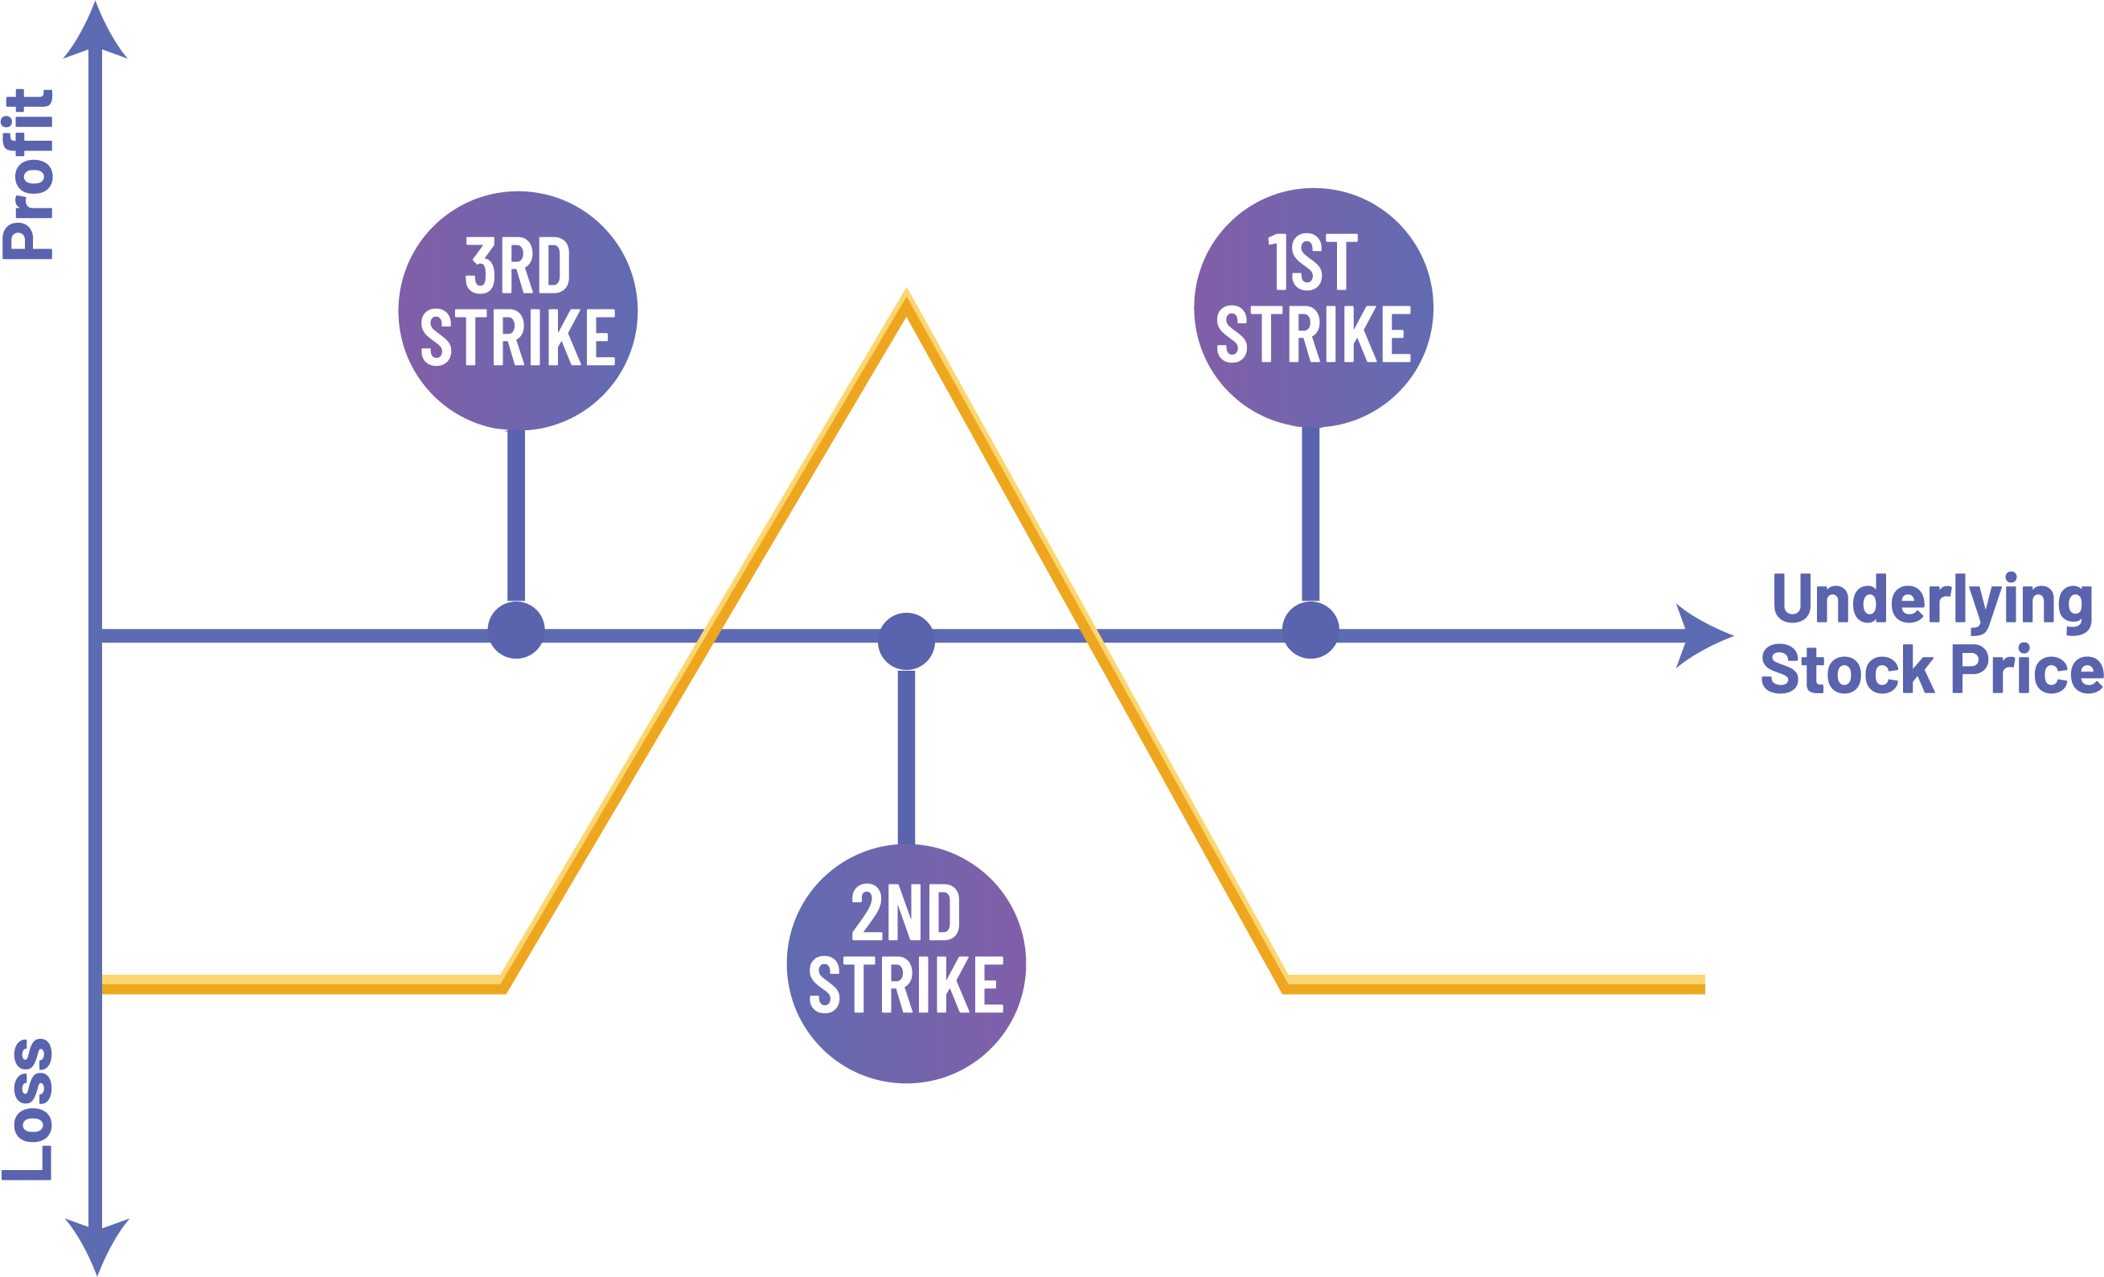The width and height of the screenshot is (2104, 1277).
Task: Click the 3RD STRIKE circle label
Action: coord(518,310)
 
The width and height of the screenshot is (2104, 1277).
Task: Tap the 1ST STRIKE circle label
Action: coord(1314,307)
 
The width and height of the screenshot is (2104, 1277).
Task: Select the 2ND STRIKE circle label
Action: coord(906,963)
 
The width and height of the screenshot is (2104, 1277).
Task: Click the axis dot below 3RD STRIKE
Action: coord(516,630)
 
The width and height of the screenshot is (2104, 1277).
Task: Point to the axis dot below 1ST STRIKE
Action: coord(1310,630)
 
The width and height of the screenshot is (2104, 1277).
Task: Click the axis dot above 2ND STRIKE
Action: coord(906,641)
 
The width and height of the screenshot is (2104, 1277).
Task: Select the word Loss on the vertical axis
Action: coord(30,1109)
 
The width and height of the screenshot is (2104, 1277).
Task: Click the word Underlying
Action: coord(1931,601)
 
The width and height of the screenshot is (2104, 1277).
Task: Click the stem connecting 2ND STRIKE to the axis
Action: coord(906,756)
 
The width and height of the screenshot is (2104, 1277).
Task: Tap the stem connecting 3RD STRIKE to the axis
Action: coord(516,517)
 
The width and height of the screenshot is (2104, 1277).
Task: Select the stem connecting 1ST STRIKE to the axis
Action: coord(1310,515)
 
